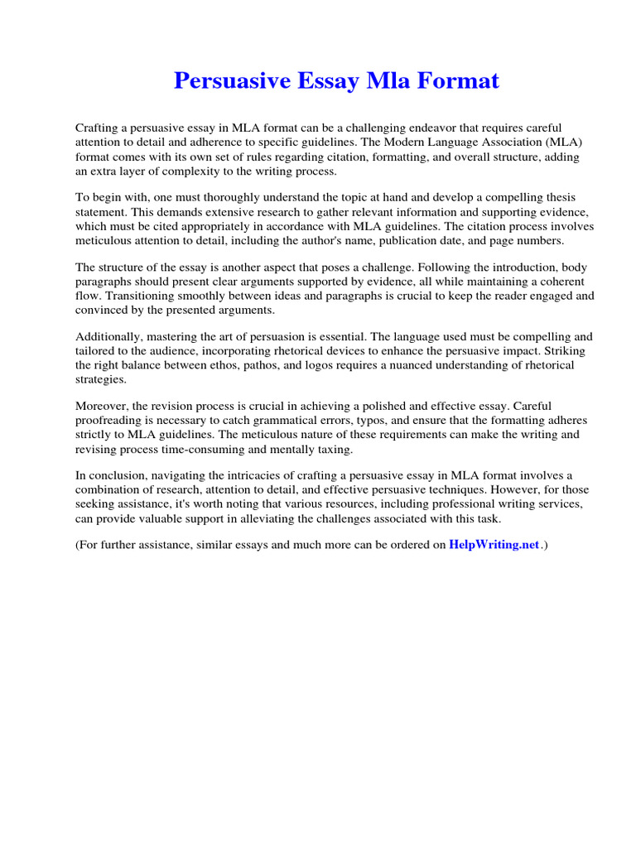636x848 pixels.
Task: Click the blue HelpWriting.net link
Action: (x=494, y=545)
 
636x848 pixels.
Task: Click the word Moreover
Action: (x=104, y=407)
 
